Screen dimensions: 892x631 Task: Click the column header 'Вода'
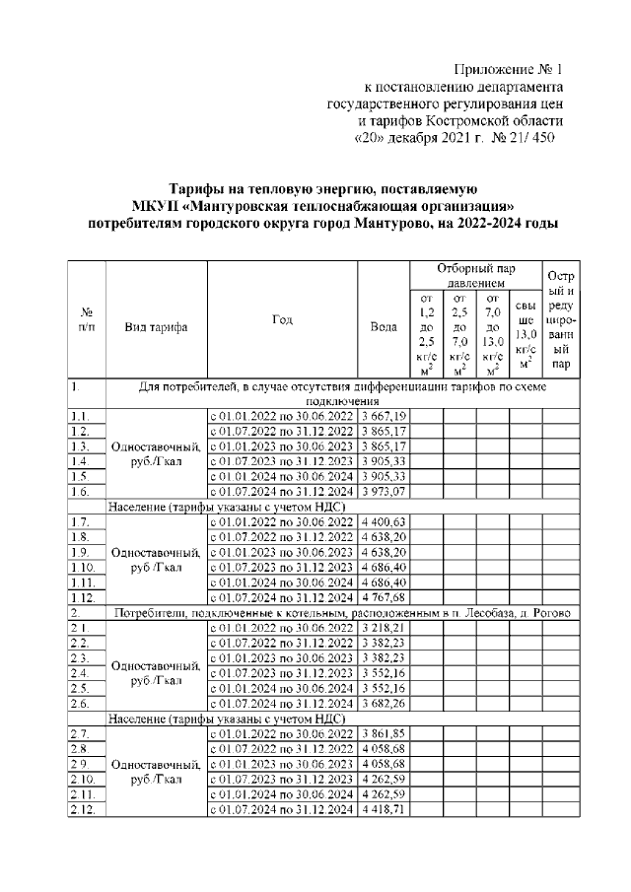383,327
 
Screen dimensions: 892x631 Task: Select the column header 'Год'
281,319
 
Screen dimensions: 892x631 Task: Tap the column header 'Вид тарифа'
156,327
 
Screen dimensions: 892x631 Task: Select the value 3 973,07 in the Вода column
385,491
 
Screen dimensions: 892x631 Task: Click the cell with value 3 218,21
385,627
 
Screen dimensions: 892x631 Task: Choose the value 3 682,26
385,702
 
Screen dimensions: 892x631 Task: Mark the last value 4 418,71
385,808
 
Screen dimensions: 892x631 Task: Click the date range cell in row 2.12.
281,808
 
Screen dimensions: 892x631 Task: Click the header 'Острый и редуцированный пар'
561,319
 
